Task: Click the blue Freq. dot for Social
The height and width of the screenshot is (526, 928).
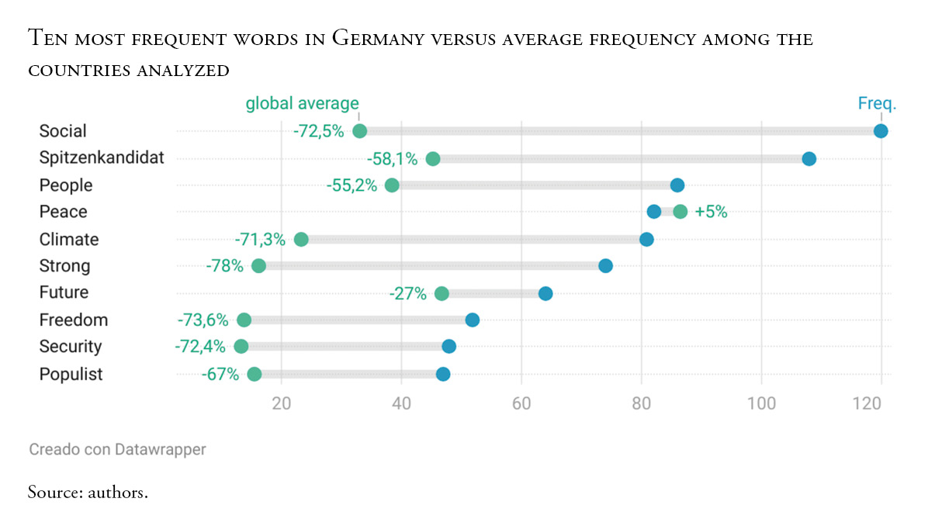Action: point(881,131)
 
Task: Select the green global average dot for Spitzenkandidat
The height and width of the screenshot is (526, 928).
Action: point(433,159)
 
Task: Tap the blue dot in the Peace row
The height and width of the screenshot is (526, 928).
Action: point(654,212)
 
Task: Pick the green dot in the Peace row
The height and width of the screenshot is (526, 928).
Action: point(680,212)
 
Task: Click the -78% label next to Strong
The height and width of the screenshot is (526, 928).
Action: point(224,266)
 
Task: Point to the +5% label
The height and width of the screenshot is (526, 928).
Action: point(711,212)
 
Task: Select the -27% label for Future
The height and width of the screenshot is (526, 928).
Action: point(408,293)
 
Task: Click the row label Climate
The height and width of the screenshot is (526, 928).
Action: point(69,239)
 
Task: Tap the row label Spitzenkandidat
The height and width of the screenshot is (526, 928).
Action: point(102,158)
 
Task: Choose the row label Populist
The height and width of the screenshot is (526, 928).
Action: point(71,374)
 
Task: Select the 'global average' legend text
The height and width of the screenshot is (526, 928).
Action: point(303,103)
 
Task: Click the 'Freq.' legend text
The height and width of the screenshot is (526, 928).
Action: point(877,103)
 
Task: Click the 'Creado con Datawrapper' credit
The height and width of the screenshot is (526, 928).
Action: point(117,448)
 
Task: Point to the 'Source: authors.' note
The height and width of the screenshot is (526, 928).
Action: point(88,492)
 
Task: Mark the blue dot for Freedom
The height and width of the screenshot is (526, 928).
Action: point(472,320)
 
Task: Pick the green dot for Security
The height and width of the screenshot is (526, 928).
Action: point(241,346)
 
